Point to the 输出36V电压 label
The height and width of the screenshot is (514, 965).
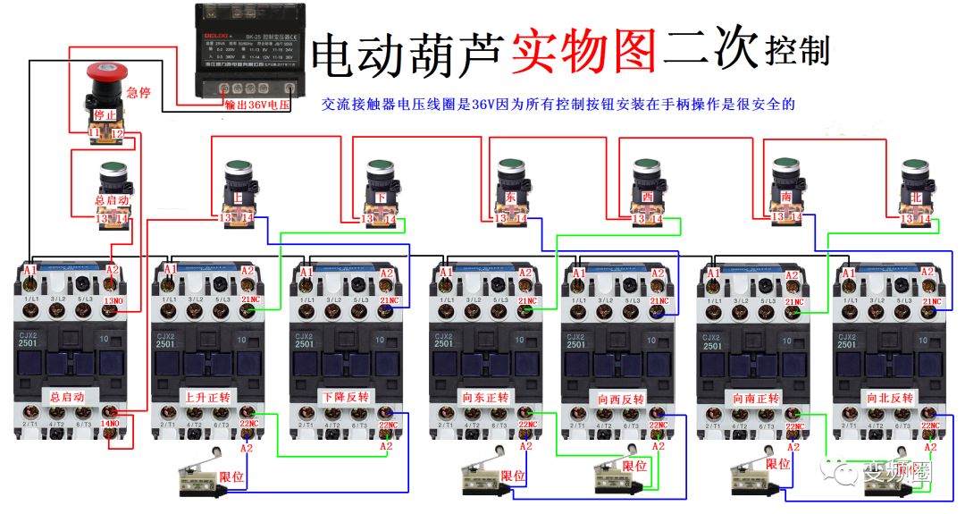pyautogui.click(x=258, y=105)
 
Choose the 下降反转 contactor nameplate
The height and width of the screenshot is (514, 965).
pyautogui.click(x=345, y=396)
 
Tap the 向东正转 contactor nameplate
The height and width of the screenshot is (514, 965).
pyautogui.click(x=483, y=397)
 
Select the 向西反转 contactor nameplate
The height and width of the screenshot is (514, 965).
pyautogui.click(x=618, y=397)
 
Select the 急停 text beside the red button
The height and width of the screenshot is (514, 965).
pyautogui.click(x=138, y=92)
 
